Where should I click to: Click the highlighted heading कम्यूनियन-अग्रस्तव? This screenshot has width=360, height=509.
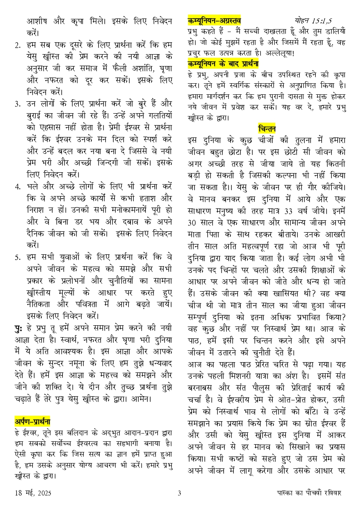click(214, 20)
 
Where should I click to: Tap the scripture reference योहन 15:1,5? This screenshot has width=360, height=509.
click(314, 20)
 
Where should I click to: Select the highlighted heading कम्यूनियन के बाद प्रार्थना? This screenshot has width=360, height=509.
click(223, 64)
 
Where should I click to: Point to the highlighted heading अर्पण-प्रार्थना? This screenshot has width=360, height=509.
click(32, 421)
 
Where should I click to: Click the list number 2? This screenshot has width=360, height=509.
click(17, 45)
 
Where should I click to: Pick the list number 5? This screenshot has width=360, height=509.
click(17, 258)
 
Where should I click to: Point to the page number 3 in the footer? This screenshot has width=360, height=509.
click(179, 493)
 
